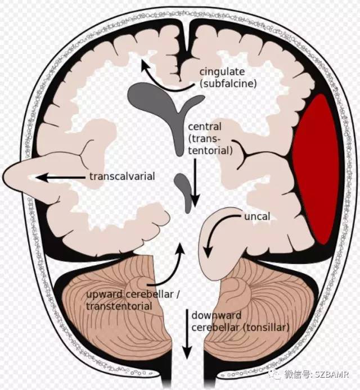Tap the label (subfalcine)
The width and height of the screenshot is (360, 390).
pyautogui.click(x=228, y=84)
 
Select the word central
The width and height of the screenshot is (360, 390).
pyautogui.click(x=204, y=126)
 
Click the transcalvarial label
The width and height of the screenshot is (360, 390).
pyautogui.click(x=122, y=176)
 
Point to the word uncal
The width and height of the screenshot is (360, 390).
pyautogui.click(x=257, y=216)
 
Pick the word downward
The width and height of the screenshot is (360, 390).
pyautogui.click(x=217, y=316)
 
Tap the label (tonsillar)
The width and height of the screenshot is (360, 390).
pyautogui.click(x=266, y=328)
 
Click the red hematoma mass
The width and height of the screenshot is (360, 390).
pyautogui.click(x=316, y=169)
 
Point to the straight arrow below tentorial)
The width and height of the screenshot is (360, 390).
pyautogui.click(x=195, y=183)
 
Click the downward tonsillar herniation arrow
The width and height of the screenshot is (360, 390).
pyautogui.click(x=187, y=334)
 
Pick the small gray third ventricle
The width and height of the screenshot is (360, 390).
pyautogui.click(x=184, y=192)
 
